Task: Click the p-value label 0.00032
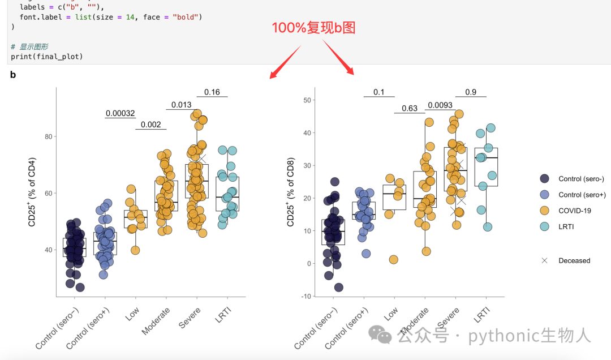click(x=121, y=114)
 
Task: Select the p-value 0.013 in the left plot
click(x=182, y=105)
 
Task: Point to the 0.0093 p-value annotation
click(x=440, y=105)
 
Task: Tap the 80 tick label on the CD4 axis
click(x=48, y=136)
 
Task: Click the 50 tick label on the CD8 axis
click(x=307, y=100)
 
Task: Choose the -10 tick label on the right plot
click(x=306, y=296)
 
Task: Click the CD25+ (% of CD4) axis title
click(x=32, y=192)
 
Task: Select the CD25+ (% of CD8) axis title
click(x=291, y=192)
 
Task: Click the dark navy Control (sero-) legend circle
click(x=544, y=179)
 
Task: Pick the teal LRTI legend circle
click(x=544, y=226)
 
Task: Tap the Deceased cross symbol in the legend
click(x=544, y=260)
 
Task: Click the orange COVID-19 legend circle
click(x=544, y=211)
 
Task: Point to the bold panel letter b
click(x=13, y=75)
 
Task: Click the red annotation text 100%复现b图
click(x=313, y=28)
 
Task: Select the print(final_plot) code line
click(x=47, y=57)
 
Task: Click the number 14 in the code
click(x=130, y=17)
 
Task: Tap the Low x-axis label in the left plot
click(x=132, y=314)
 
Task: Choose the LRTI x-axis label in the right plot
click(x=481, y=315)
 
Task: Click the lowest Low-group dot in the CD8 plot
click(x=394, y=259)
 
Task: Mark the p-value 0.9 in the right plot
click(x=471, y=92)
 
